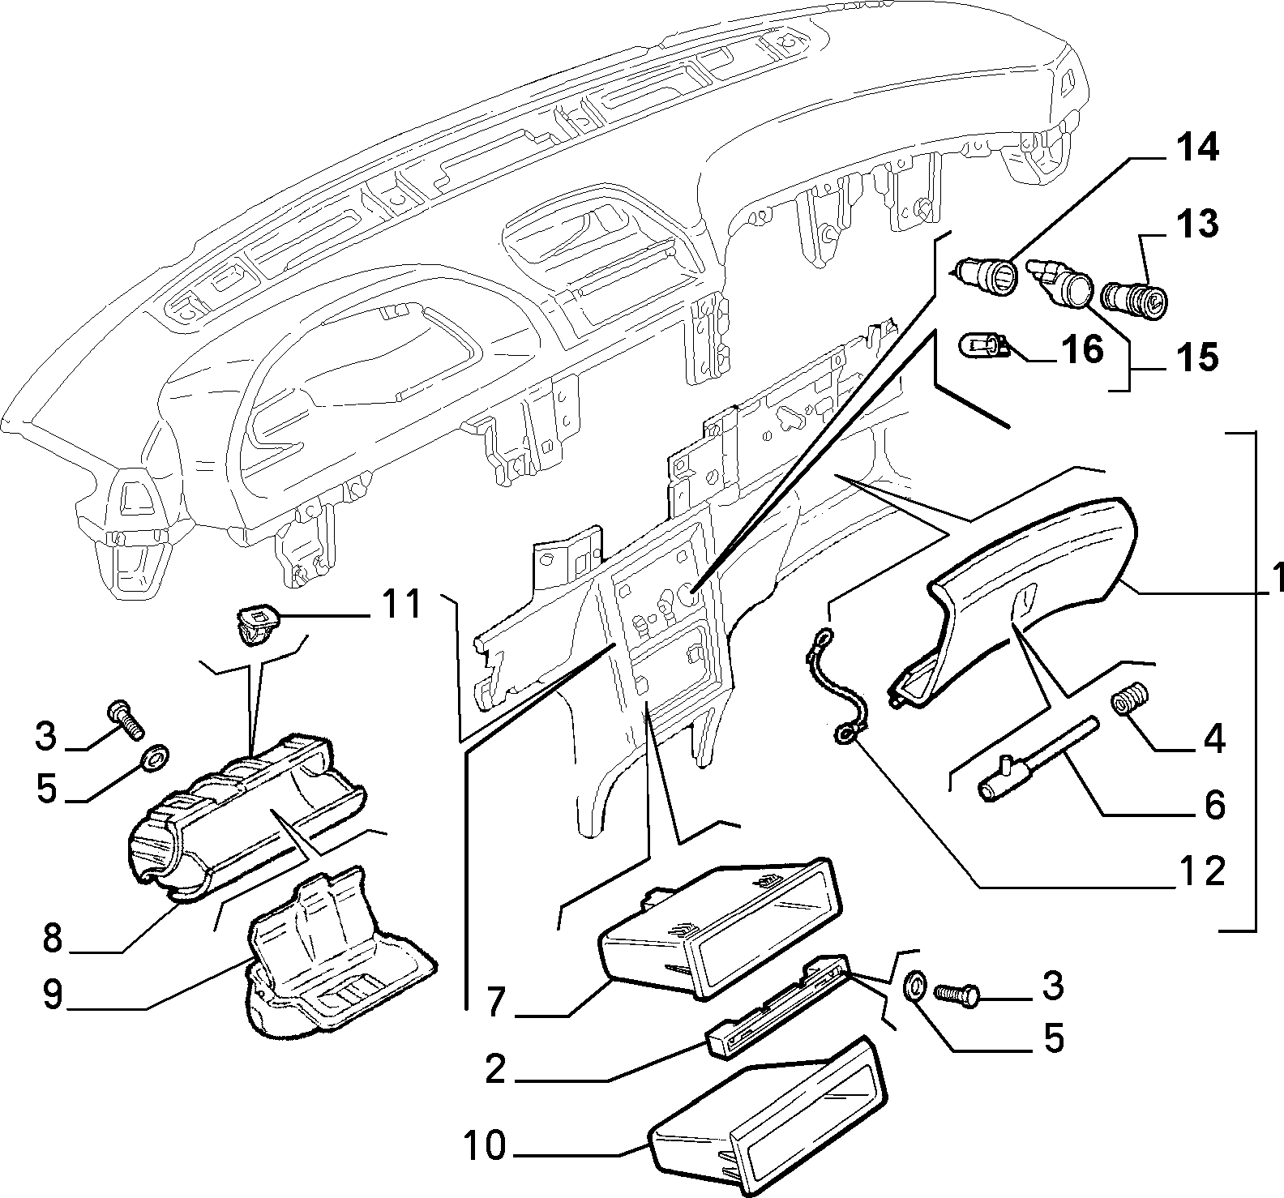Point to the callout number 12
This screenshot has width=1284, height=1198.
coord(1202,871)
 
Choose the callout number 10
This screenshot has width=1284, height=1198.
coord(486,1146)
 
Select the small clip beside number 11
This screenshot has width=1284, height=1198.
coord(256,625)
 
